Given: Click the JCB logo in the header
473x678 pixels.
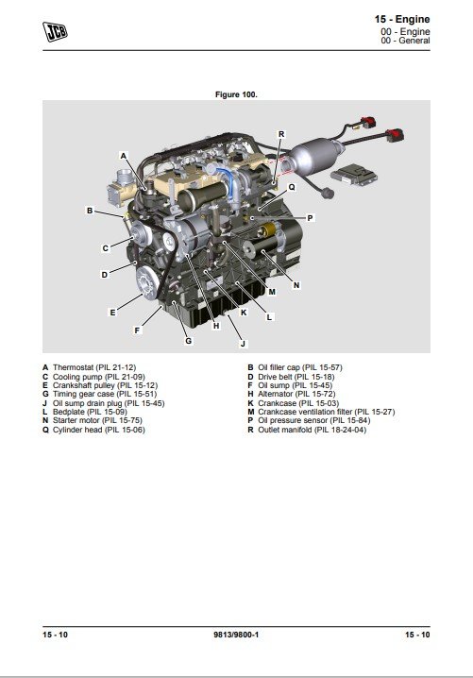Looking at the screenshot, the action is pyautogui.click(x=55, y=31).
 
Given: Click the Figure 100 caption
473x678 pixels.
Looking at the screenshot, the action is pyautogui.click(x=236, y=94).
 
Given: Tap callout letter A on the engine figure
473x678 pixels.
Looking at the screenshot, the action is pyautogui.click(x=124, y=156).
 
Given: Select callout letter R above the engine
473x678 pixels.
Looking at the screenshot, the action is pyautogui.click(x=281, y=134).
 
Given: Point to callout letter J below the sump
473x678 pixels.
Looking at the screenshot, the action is pyautogui.click(x=243, y=344).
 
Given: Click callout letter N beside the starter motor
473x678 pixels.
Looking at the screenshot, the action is pyautogui.click(x=296, y=285).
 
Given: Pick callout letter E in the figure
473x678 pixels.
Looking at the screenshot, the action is pyautogui.click(x=113, y=313).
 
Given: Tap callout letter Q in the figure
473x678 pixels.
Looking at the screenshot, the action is pyautogui.click(x=292, y=187).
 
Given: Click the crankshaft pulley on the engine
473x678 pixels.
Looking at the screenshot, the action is pyautogui.click(x=147, y=283).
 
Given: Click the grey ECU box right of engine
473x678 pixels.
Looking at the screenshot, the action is pyautogui.click(x=354, y=174).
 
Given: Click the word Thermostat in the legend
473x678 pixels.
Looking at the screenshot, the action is pyautogui.click(x=73, y=367).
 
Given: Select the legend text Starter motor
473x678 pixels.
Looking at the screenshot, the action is pyautogui.click(x=76, y=420).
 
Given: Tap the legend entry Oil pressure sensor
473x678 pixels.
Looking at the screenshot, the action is pyautogui.click(x=293, y=420).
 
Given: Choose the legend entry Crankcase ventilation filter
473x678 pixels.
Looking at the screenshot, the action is pyautogui.click(x=305, y=412).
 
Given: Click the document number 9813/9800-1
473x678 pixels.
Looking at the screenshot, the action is pyautogui.click(x=236, y=635).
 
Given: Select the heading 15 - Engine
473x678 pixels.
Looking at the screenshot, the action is pyautogui.click(x=402, y=19).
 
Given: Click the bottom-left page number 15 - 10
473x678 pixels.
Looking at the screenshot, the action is pyautogui.click(x=55, y=635).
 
